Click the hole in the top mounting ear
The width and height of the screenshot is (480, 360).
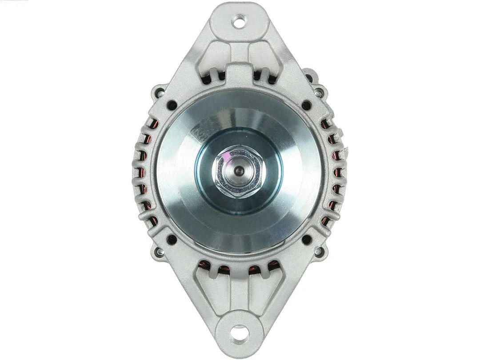point(239,21)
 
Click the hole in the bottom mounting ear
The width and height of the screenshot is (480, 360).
point(240,332)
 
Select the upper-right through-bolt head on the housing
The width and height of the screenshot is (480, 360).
point(319,93)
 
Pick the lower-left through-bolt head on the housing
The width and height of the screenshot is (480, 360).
point(159,252)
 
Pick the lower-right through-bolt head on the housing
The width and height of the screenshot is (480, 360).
point(319,252)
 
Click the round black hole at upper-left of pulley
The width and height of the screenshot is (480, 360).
point(172,105)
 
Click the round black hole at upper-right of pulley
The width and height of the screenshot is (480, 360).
point(306,105)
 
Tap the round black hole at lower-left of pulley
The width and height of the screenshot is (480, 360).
point(172,240)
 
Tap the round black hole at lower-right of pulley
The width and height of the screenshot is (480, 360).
point(306,240)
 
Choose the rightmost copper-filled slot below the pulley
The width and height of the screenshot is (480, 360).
point(273,266)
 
